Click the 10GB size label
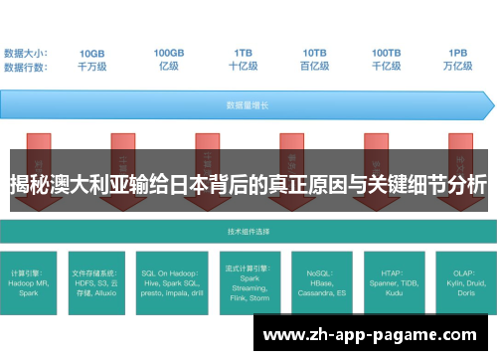coord(91,53)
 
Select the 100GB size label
coord(168,53)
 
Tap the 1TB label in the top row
coord(244,53)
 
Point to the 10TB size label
coord(315,53)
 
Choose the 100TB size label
coord(387,53)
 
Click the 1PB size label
coord(458,53)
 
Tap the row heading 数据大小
coord(26,53)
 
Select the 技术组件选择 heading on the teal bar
coord(248,230)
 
